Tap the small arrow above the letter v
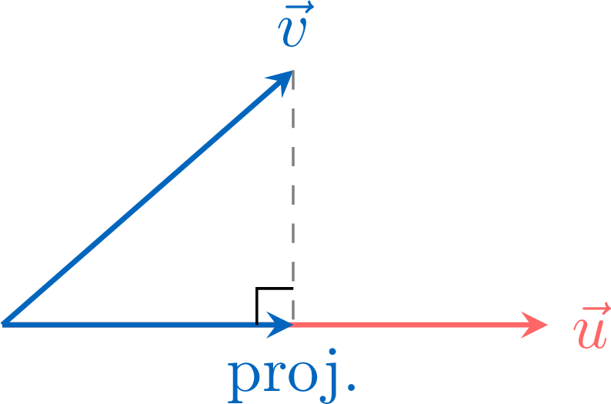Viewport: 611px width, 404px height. click(x=299, y=7)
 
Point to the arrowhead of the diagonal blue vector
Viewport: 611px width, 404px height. click(x=282, y=81)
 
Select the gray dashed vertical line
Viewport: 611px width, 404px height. click(x=293, y=197)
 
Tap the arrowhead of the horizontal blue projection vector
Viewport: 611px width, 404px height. click(x=280, y=324)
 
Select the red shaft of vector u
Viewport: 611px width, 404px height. click(x=409, y=325)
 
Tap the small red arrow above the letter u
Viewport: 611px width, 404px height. click(x=597, y=310)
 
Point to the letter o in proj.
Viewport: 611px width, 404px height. click(x=302, y=377)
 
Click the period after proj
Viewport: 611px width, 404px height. click(x=351, y=387)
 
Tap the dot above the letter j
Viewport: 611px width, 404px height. click(x=332, y=352)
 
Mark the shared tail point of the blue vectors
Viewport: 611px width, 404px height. click(x=2, y=324)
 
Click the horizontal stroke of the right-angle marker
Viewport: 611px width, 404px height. click(x=275, y=289)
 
